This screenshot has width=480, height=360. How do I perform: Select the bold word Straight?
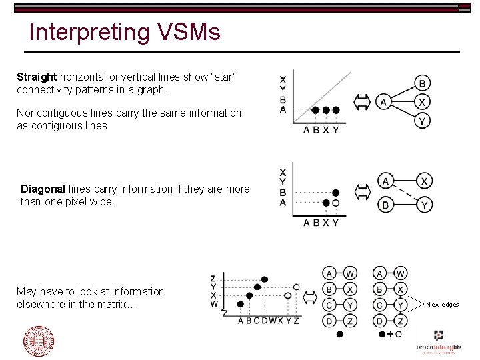click(37, 77)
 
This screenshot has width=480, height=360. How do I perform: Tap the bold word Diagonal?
click(43, 189)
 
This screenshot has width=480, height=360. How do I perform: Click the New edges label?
click(443, 305)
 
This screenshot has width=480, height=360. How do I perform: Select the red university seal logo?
click(38, 341)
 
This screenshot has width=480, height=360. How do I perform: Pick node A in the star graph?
click(383, 102)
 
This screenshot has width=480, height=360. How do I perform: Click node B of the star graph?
click(422, 83)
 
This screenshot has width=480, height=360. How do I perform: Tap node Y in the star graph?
click(422, 121)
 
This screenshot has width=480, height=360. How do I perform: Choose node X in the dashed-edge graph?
click(424, 181)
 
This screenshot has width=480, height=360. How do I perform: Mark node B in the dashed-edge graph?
click(385, 205)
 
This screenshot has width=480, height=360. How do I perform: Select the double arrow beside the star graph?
click(361, 102)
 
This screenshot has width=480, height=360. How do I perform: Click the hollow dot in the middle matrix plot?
click(336, 203)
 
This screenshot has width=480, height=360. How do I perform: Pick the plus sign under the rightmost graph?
click(389, 333)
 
